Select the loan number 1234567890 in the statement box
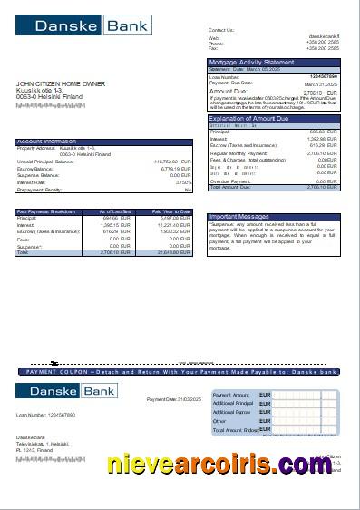323,76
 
